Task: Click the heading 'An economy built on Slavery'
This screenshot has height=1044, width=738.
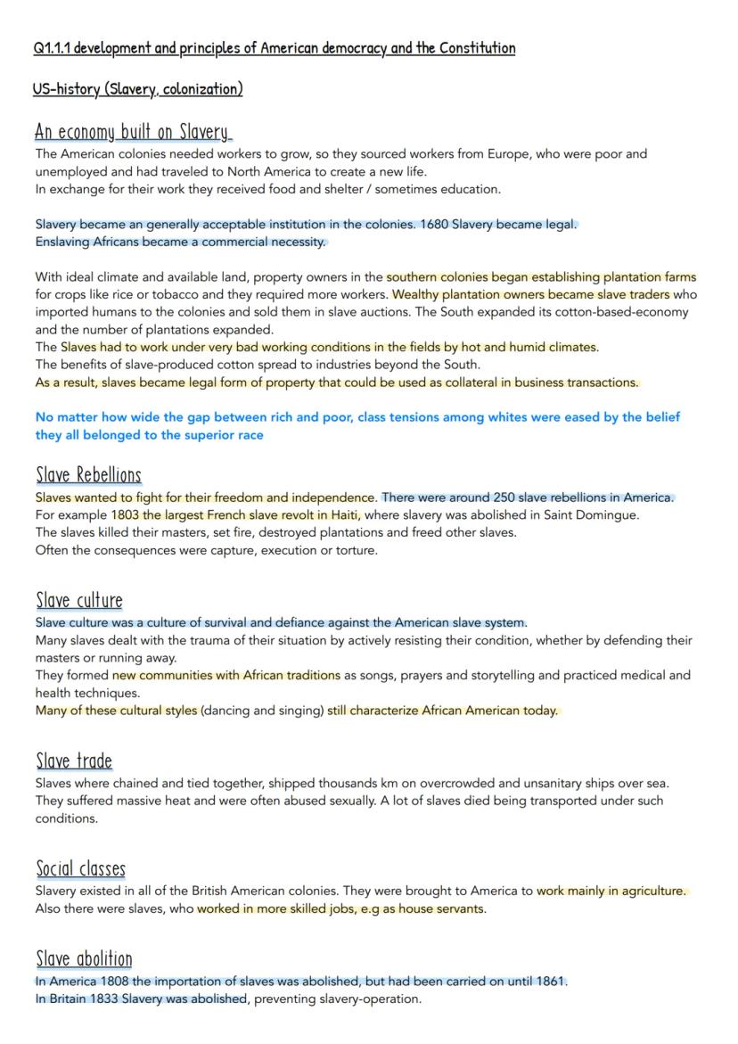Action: coord(132,132)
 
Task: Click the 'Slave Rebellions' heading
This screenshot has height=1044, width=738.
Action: coord(88,475)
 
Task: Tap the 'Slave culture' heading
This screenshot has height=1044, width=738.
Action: coord(79,600)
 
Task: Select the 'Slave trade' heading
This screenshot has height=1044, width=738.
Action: coord(74,761)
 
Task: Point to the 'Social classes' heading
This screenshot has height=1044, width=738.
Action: coord(80,868)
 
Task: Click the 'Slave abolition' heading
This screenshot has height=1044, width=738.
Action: coord(84,959)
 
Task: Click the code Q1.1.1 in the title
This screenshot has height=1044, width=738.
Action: coord(52,47)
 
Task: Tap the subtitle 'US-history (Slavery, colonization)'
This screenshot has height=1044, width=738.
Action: coord(137,89)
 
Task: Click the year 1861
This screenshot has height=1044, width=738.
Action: coord(551,982)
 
